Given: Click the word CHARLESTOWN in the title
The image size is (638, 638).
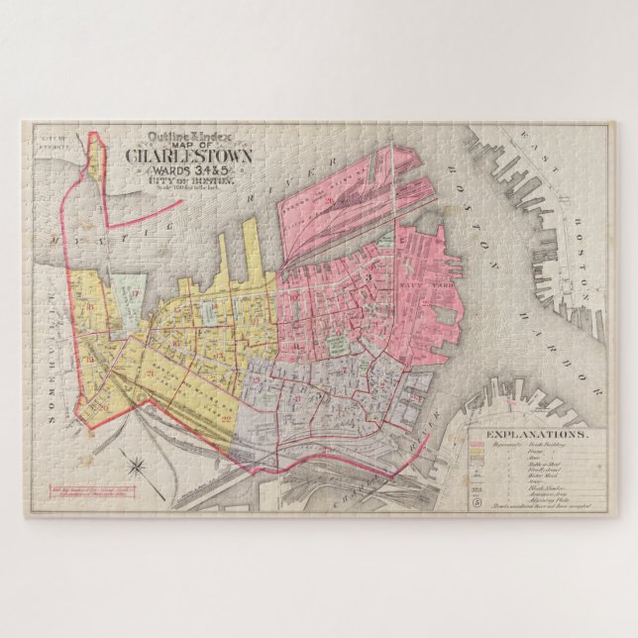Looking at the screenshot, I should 188,156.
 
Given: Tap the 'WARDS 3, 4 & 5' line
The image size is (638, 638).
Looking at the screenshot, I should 188,170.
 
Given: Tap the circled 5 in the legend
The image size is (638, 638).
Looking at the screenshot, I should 478,501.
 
